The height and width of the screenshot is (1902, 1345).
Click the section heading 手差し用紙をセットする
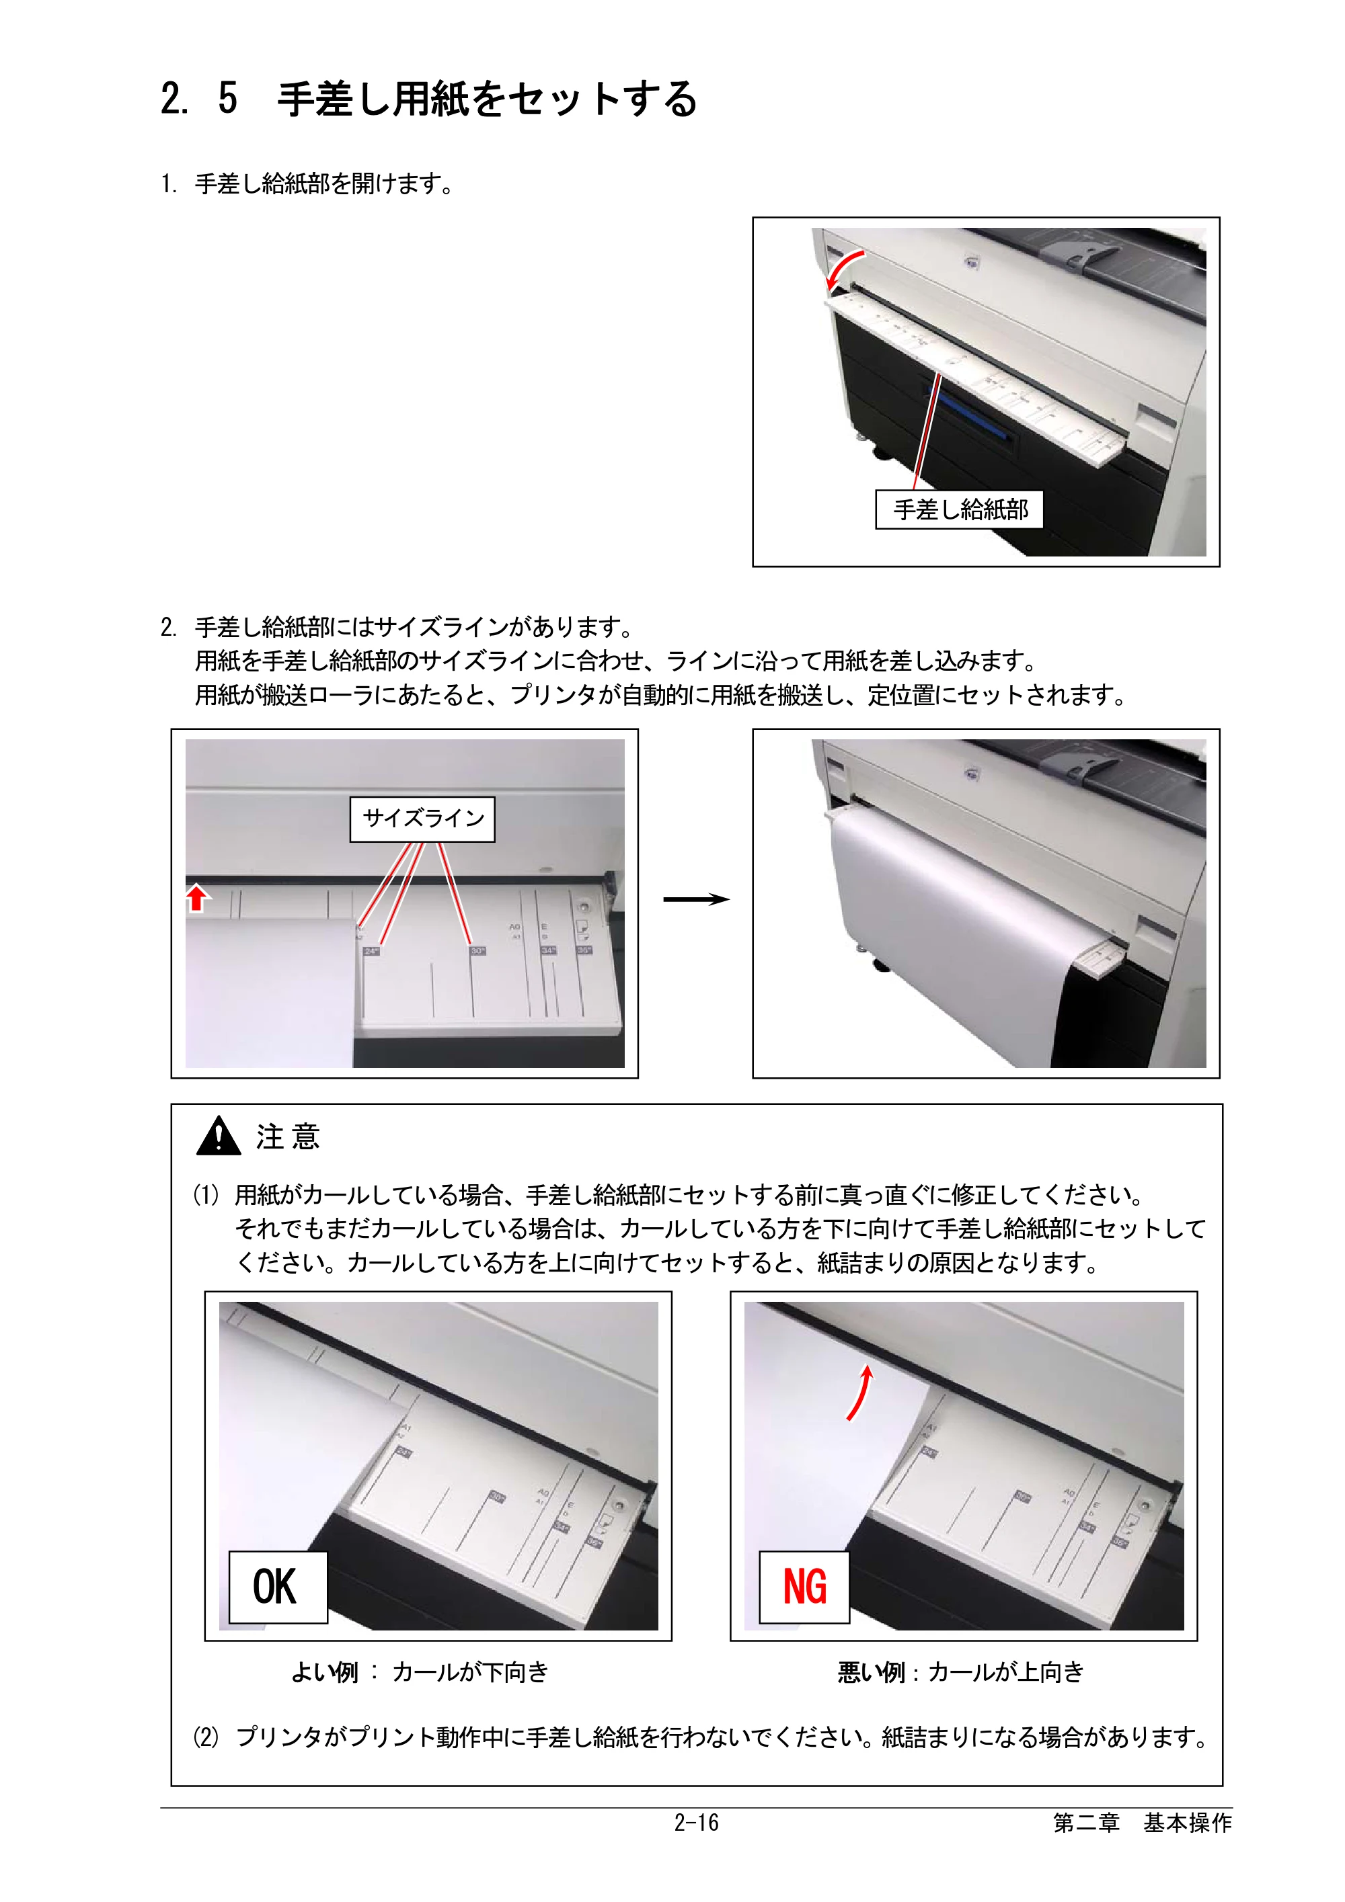(488, 99)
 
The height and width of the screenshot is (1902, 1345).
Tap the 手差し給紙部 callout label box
(960, 509)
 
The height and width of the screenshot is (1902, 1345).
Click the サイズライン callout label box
(422, 819)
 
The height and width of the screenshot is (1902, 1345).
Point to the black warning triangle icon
(218, 1136)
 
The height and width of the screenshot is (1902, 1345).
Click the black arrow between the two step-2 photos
(696, 900)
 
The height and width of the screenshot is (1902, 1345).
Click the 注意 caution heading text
(288, 1136)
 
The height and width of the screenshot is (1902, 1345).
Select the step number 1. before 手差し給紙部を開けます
(169, 184)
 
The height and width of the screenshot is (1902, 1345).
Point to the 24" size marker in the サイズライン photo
(371, 951)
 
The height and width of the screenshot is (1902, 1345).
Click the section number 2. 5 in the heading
(199, 99)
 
